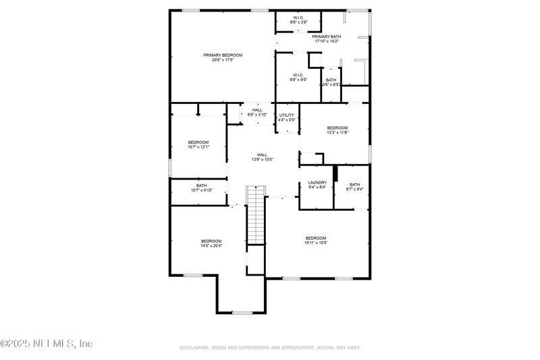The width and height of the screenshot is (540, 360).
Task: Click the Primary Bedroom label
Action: click(x=223, y=55)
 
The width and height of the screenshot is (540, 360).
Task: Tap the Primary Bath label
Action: click(x=326, y=36)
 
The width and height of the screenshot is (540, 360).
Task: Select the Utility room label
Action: click(x=287, y=115)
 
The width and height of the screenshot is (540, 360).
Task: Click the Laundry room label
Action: click(x=317, y=182)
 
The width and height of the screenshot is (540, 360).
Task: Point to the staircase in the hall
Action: click(x=256, y=215)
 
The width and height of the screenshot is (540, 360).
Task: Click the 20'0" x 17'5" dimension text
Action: click(x=223, y=60)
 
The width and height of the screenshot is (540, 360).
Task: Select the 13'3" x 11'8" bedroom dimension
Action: click(x=337, y=133)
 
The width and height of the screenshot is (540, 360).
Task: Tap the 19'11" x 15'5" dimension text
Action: click(x=316, y=243)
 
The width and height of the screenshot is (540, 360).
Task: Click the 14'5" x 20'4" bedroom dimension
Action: click(x=211, y=246)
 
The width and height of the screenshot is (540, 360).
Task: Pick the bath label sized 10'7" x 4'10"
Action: click(x=202, y=186)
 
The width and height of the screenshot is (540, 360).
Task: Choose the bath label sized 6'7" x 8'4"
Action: click(x=354, y=185)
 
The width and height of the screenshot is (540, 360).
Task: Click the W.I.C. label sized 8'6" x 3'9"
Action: click(x=299, y=17)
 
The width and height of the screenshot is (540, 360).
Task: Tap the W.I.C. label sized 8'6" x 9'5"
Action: click(x=299, y=75)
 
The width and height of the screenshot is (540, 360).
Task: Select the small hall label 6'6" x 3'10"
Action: click(x=257, y=110)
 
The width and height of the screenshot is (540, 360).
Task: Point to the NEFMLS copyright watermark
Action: click(x=47, y=344)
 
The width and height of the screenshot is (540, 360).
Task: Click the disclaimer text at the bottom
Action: click(x=270, y=347)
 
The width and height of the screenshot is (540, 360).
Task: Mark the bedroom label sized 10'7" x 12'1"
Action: click(x=198, y=143)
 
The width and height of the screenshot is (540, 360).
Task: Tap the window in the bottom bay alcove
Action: click(x=242, y=313)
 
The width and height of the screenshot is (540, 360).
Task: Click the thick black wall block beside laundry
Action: click(x=335, y=172)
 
